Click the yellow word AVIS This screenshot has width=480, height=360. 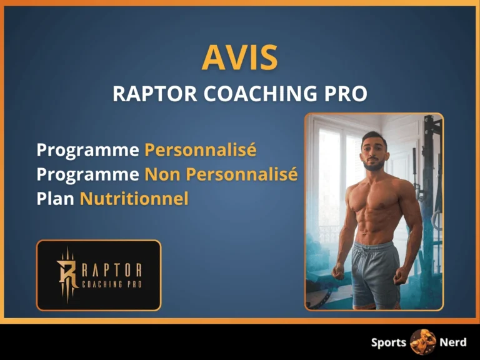pos(239,58)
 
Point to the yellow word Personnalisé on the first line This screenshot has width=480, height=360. pos(200,151)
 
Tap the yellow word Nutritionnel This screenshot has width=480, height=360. pos(134,199)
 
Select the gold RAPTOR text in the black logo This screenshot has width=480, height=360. pos(112,270)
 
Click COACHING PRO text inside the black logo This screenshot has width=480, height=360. pos(112,285)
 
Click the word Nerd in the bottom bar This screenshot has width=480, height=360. pos(452,342)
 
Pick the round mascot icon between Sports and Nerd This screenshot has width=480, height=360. pos(422,342)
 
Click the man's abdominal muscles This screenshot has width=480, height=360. pos(375,219)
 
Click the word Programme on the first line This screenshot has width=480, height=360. pos(87,151)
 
